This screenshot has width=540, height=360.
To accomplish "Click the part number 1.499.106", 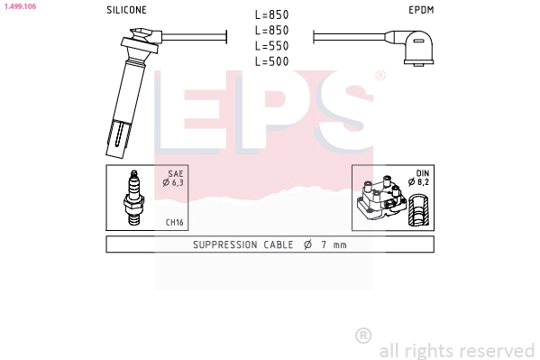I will [19, 6].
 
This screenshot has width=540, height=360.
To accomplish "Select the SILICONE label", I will [126, 10].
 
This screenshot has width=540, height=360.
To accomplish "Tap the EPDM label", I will [420, 10].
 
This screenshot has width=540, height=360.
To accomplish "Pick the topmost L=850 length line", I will [270, 14].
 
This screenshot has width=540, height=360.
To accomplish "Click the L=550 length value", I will [270, 45].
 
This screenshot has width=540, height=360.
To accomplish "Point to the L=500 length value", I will [270, 60].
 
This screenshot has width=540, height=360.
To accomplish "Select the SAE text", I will [176, 173].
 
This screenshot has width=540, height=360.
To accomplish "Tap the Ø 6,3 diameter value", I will [173, 183].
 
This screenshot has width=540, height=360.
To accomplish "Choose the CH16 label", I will [175, 222].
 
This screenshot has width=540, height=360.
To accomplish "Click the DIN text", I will [422, 173].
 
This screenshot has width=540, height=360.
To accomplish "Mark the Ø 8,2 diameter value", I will [419, 183].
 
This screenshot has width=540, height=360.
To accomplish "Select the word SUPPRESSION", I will [226, 245].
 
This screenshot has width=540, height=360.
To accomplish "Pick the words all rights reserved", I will [456, 350].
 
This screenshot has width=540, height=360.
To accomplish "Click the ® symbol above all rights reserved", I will [363, 336].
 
